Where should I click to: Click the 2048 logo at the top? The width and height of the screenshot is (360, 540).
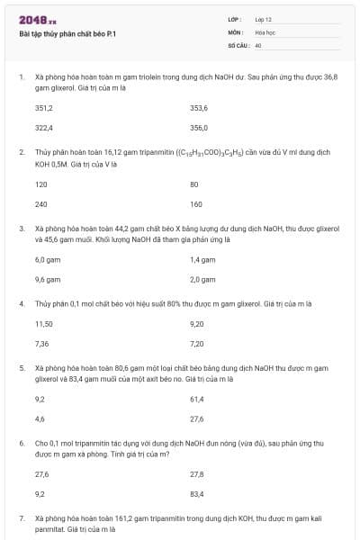(37, 19)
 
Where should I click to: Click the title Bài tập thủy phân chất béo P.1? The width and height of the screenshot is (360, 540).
(68, 33)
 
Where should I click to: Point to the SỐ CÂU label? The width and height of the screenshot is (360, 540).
(238, 44)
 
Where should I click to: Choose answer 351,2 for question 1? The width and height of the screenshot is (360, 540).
(44, 107)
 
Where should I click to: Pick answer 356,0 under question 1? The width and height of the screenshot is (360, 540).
(199, 128)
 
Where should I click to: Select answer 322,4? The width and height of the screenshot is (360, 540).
(44, 128)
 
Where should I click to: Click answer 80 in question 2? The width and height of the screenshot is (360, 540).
(194, 184)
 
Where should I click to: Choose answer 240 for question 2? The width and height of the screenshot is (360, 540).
(41, 204)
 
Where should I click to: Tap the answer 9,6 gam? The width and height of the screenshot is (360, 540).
(48, 279)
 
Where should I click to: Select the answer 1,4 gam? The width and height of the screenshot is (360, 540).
(202, 259)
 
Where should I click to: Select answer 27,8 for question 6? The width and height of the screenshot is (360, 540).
(197, 473)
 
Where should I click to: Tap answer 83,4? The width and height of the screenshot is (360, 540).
(197, 494)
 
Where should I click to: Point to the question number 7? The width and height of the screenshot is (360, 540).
(22, 519)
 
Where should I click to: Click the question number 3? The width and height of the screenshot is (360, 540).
(22, 229)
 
